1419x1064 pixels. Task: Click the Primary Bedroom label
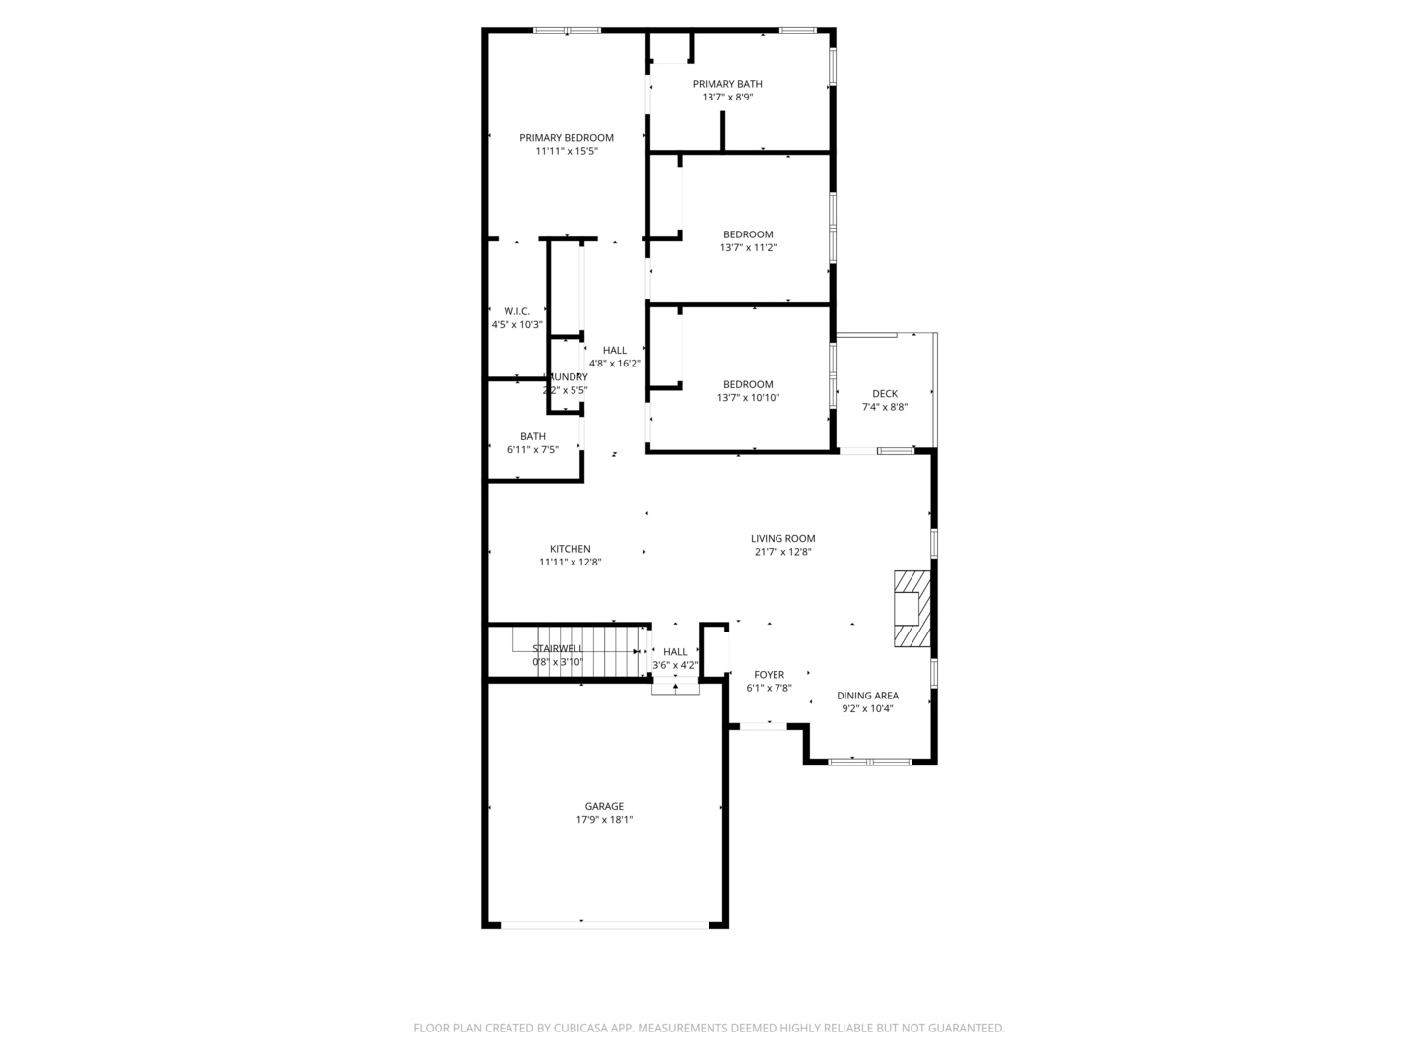coord(567,138)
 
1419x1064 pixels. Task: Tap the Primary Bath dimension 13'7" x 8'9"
coord(727,98)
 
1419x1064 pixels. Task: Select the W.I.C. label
coord(516,311)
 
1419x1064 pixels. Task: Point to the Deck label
coord(884,394)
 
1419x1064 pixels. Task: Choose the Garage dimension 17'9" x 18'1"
coord(603,820)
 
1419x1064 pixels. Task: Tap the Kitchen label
coord(570,549)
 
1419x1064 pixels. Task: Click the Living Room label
coord(782,539)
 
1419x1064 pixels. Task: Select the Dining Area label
coord(867,696)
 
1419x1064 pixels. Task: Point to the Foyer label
coord(769,675)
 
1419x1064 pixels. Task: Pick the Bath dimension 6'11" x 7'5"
coord(532,450)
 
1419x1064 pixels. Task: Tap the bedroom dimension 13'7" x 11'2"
coord(748,248)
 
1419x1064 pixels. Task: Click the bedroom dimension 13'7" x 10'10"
coord(748,398)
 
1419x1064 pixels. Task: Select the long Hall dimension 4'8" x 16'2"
coord(614,364)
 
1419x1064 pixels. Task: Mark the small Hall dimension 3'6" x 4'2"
coord(675,665)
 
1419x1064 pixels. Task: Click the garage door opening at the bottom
coord(604,925)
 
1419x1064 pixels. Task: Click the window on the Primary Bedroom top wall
coord(567,31)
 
